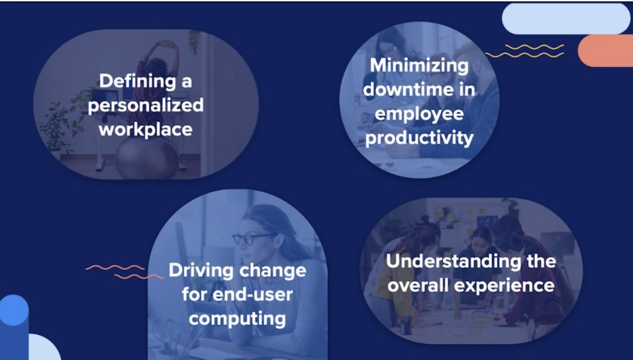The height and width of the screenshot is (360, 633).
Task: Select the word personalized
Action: tap(146, 105)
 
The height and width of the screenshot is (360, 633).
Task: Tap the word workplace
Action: tap(146, 128)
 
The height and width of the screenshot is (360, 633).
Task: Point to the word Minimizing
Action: tap(419, 66)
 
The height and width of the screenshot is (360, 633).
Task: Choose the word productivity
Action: tap(419, 138)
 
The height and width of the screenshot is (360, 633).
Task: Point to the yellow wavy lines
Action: tap(524, 51)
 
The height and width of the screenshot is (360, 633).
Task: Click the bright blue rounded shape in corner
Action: tap(14, 311)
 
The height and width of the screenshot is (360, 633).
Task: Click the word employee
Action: tap(419, 114)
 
